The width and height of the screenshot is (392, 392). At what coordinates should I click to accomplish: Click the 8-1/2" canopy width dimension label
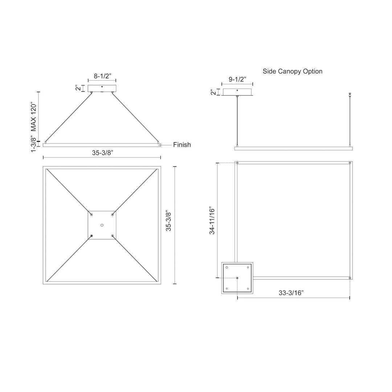click(x=102, y=76)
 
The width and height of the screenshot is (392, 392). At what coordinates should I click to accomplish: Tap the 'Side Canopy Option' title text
click(x=293, y=71)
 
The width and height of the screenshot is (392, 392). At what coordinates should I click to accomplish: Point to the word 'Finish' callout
click(x=182, y=145)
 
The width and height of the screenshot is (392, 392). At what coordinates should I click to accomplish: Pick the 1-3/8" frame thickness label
click(x=34, y=144)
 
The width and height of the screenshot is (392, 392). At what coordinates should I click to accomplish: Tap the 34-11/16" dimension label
click(x=212, y=221)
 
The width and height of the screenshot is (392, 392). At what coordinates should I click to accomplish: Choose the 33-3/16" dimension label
click(x=291, y=293)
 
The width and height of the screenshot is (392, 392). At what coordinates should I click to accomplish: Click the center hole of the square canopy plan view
click(x=102, y=225)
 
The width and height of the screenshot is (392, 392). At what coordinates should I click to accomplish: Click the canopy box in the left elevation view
click(x=102, y=88)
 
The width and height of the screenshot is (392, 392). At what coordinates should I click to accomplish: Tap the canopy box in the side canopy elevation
click(x=237, y=92)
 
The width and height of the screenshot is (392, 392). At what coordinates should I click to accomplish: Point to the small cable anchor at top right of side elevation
click(x=350, y=94)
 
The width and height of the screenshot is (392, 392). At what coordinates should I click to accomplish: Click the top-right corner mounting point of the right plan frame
click(x=350, y=163)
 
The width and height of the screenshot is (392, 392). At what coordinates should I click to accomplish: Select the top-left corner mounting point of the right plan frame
click(x=237, y=163)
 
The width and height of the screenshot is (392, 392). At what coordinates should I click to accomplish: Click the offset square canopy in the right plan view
click(x=237, y=278)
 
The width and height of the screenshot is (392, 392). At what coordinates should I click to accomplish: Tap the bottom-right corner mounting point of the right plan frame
click(x=350, y=278)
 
